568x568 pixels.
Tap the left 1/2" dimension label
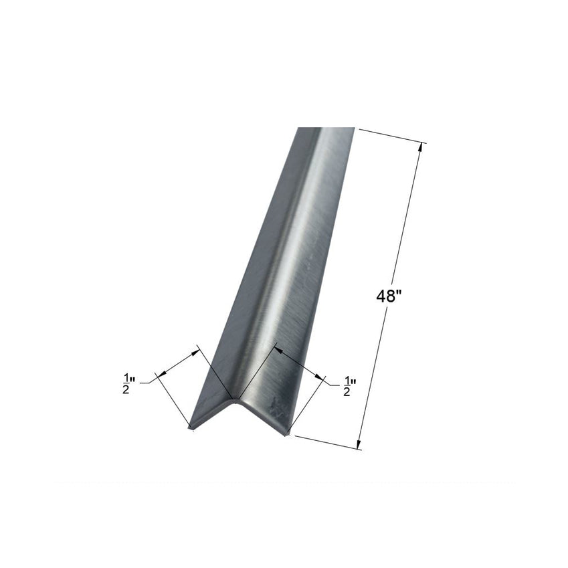pyautogui.click(x=128, y=384)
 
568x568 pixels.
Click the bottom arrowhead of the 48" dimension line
pyautogui.click(x=359, y=444)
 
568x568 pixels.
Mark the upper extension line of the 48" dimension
pyautogui.click(x=392, y=136)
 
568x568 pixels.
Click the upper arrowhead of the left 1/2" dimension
pyautogui.click(x=195, y=352)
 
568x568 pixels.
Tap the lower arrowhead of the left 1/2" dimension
pyautogui.click(x=163, y=373)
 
